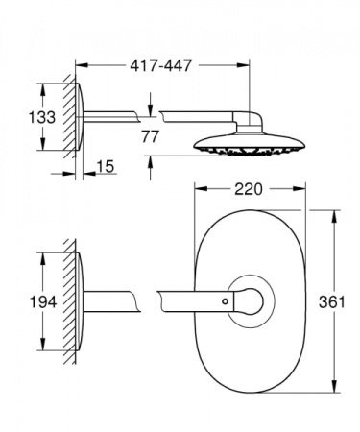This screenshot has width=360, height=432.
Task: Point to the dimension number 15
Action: point(105,169)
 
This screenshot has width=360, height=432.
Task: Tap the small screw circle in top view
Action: point(227,302)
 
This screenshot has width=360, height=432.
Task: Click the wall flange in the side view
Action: point(84,117)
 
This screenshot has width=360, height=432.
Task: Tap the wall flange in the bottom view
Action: point(84,301)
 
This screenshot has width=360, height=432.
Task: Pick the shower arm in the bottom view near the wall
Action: point(120,301)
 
